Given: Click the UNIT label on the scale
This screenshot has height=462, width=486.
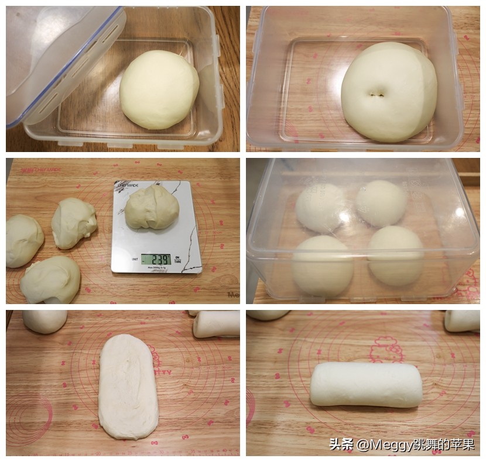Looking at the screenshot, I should pyautogui.click(x=134, y=258).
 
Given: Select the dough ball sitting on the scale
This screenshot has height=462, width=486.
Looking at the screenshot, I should pyautogui.click(x=151, y=207).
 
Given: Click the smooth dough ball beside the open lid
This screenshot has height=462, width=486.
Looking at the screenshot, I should pyautogui.click(x=159, y=89).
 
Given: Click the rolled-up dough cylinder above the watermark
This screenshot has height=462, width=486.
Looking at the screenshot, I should pyautogui.click(x=365, y=384).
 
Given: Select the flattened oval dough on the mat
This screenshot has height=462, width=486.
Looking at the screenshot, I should pyautogui.click(x=128, y=386).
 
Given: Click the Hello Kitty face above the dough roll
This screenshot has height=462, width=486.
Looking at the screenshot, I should pyautogui.click(x=387, y=349).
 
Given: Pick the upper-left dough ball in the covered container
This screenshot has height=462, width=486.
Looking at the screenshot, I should pyautogui.click(x=320, y=208).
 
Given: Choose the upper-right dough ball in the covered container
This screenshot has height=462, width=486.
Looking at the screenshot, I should pyautogui.click(x=381, y=203).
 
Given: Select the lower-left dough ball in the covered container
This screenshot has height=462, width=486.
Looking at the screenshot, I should pyautogui.click(x=322, y=264).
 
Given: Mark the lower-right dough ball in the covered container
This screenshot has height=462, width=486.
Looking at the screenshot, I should pyautogui.click(x=395, y=255).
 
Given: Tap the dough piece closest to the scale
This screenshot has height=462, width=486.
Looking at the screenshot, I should pyautogui.click(x=74, y=223).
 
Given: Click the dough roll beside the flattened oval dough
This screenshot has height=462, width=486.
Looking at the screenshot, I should pyautogui.click(x=216, y=323).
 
